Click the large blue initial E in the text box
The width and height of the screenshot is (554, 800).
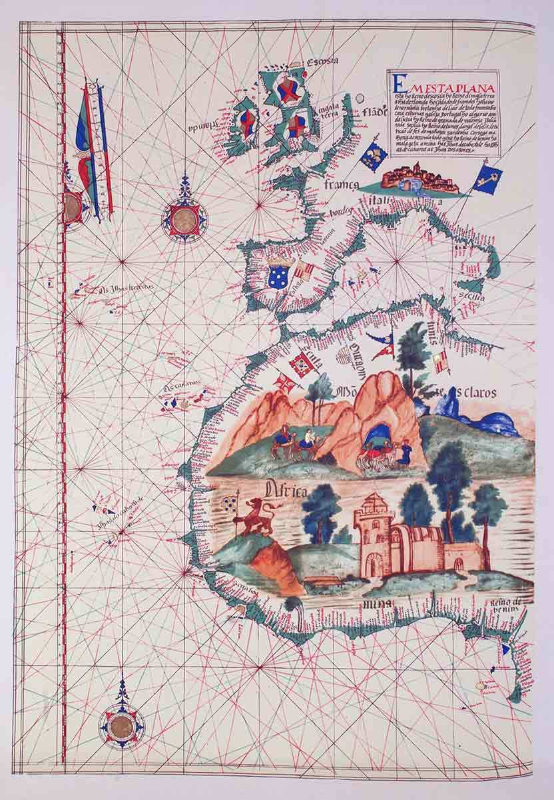pyautogui.click(x=398, y=83)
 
